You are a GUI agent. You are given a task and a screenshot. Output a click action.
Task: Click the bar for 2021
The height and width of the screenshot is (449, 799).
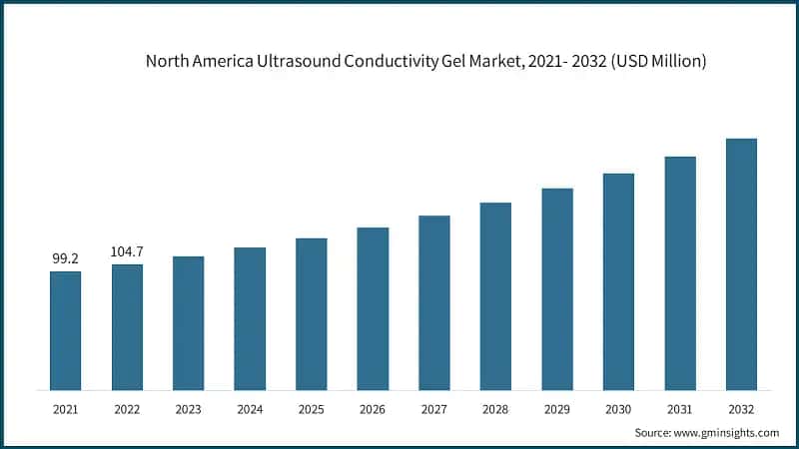coord(65,330)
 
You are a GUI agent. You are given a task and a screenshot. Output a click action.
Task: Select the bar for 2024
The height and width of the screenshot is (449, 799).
coord(250,318)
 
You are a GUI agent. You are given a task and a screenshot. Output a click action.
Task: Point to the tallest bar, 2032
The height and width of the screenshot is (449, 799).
coord(741,264)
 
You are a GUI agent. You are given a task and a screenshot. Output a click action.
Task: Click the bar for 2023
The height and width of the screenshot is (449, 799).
coord(188,323)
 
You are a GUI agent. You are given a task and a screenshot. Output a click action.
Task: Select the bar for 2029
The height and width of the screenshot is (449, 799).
coord(557,288)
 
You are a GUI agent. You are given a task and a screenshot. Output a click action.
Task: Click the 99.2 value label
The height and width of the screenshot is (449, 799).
coord(65,258)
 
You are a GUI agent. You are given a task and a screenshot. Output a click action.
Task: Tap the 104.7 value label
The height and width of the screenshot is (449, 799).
coord(127,251)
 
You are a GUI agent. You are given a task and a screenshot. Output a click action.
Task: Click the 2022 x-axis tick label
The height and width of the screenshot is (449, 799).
coord(127,408)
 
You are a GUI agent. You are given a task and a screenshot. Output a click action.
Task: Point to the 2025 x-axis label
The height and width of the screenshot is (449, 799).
coord(311,408)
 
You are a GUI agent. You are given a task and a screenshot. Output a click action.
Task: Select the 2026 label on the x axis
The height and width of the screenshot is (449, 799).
coord(373,408)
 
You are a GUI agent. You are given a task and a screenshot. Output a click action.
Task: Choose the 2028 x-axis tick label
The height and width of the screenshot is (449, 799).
coord(495,408)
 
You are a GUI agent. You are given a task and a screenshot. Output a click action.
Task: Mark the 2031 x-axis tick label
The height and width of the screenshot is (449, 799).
coord(680,408)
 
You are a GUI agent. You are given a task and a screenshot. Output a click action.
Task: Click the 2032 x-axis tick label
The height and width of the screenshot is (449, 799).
coord(741,408)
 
